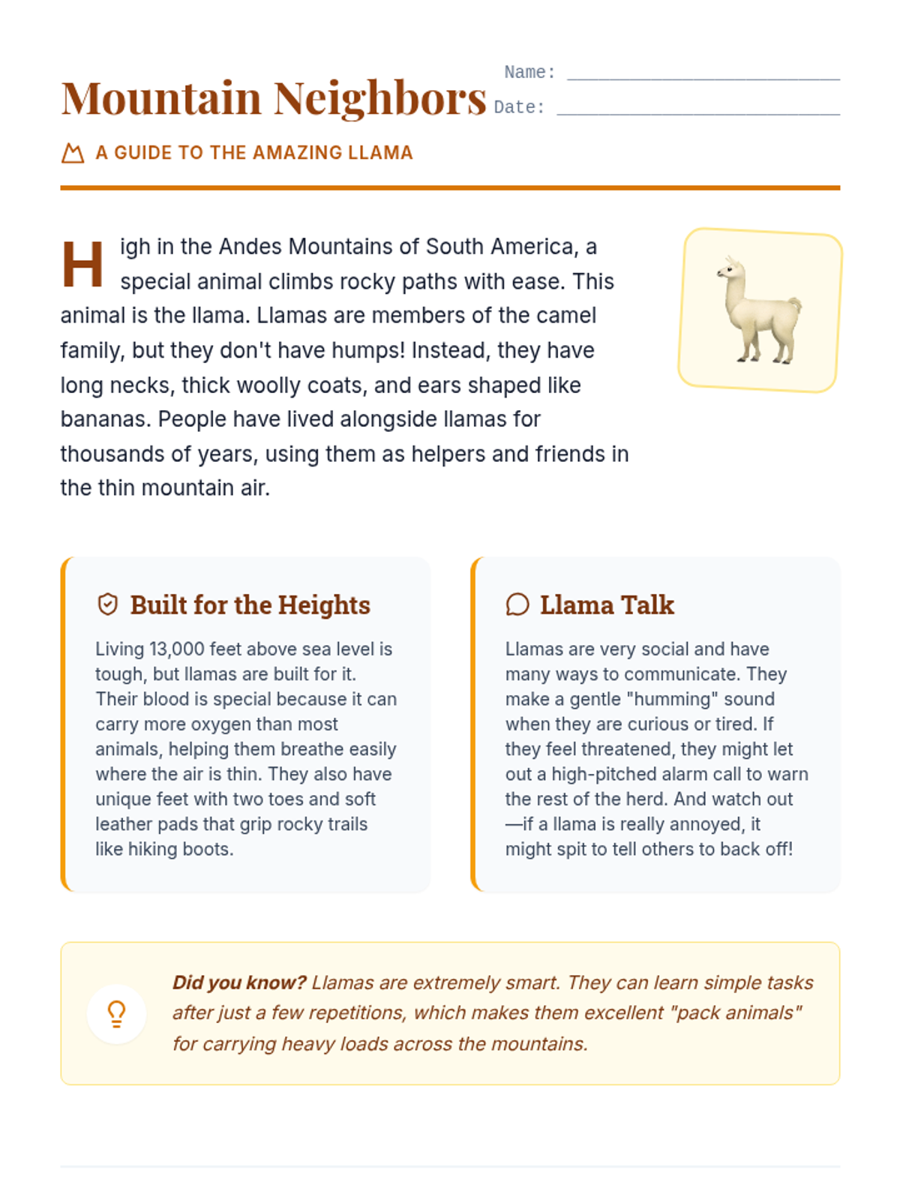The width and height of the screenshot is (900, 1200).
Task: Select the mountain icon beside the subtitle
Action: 73,153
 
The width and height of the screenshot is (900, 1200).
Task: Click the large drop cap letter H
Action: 82,264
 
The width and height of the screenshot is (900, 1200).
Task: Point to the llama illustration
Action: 760,310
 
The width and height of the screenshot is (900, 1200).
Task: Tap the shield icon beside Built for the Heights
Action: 108,604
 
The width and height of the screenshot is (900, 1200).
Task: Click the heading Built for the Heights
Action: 250,604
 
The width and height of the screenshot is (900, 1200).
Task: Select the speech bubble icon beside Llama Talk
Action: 517,604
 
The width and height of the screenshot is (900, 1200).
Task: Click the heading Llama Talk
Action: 607,604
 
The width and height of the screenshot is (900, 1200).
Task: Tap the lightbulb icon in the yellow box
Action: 116,1014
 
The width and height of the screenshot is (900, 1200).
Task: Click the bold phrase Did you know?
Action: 239,982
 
